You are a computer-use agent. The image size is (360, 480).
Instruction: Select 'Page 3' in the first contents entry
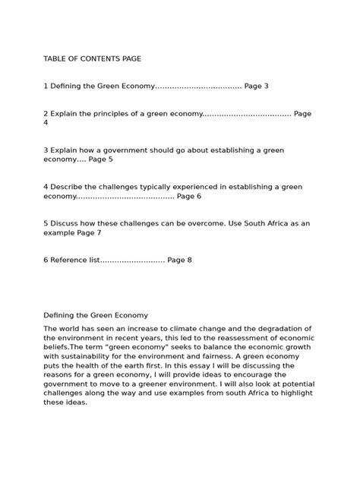tap(256, 87)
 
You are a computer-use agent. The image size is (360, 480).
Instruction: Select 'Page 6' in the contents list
tap(188, 196)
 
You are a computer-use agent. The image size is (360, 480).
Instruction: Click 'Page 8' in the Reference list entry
tap(179, 260)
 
